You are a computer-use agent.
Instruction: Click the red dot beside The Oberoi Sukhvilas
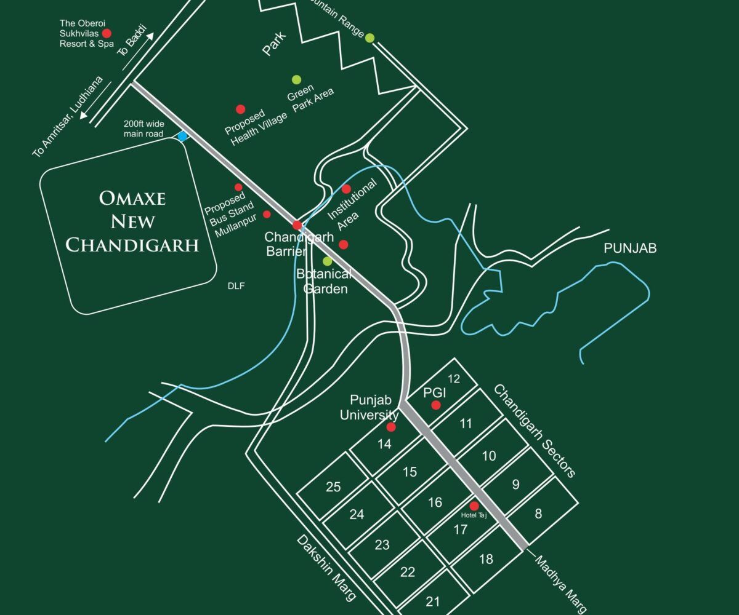(107, 33)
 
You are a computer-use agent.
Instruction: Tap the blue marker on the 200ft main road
(182, 136)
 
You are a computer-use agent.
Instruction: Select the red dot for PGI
(436, 405)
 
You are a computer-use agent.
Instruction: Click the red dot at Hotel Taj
(474, 506)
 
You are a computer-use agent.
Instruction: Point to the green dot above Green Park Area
(296, 79)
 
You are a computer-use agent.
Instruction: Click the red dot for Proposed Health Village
(241, 109)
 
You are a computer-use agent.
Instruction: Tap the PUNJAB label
(630, 248)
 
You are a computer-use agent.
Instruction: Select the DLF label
(236, 285)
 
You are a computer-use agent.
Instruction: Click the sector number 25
(333, 487)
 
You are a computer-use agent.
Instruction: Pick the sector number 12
(454, 378)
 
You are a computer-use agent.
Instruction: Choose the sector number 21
(433, 601)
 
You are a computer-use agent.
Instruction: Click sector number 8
(538, 514)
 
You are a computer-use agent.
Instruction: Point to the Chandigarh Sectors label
(535, 430)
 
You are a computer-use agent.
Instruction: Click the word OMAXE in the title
(132, 198)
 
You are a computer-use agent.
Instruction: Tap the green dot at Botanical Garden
(328, 261)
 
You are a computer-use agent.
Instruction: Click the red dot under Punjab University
(390, 427)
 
